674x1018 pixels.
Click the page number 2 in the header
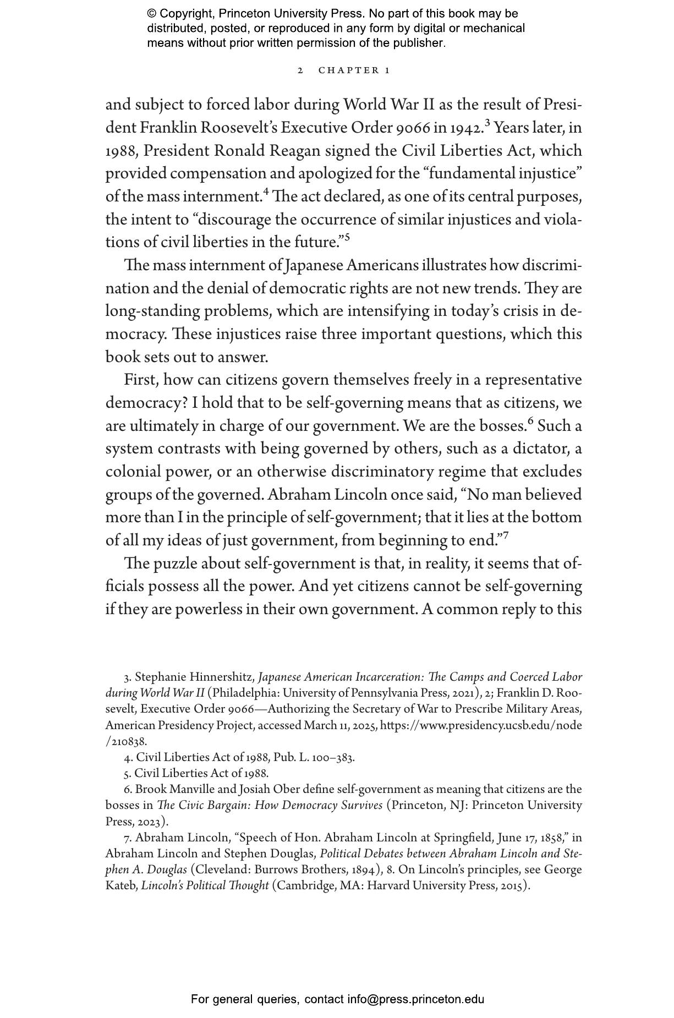[x=300, y=70]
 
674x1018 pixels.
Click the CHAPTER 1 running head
[x=354, y=70]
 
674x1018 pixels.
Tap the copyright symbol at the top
[x=151, y=14]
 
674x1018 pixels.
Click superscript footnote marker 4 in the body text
[x=266, y=191]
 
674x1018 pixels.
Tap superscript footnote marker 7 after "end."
[x=506, y=535]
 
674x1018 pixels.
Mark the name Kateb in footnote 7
[x=121, y=886]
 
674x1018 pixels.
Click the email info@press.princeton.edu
[x=415, y=999]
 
